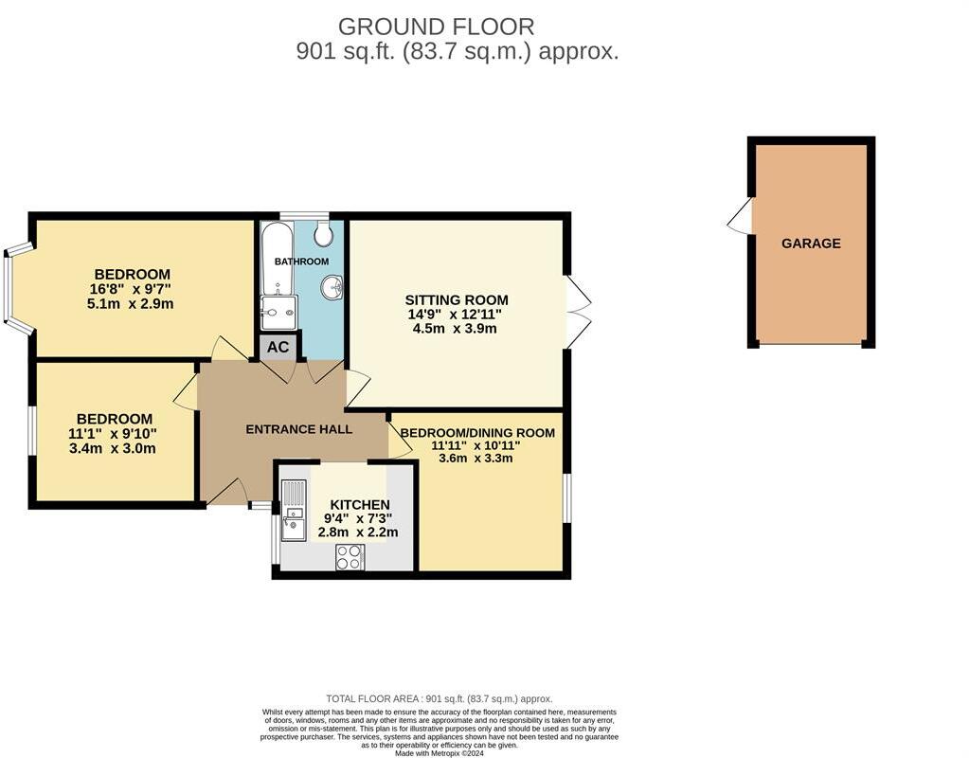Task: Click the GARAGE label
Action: [810, 244]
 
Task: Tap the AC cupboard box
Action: [278, 347]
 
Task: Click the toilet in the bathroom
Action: [324, 233]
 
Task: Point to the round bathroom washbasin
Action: [332, 287]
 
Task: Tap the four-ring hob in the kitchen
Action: [350, 557]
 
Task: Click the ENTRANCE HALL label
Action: [298, 429]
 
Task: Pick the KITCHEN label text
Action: [359, 504]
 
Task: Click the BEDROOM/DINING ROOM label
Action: [476, 433]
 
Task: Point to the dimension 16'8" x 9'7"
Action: [132, 289]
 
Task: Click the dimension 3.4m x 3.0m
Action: [113, 448]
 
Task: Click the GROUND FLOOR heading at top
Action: [436, 27]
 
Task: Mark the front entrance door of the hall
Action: [227, 492]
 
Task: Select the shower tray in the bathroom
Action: [279, 313]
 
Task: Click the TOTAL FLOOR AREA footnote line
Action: [439, 698]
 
